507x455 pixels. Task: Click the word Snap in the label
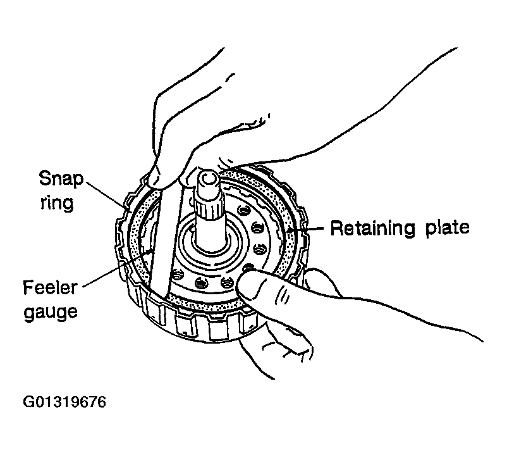tap(61, 179)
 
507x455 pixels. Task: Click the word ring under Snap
tap(58, 204)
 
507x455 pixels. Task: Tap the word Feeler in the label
tap(51, 288)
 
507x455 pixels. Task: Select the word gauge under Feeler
tap(51, 311)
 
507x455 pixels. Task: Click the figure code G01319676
tap(64, 402)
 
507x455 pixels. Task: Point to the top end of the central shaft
tap(207, 177)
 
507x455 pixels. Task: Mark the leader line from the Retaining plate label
tap(306, 229)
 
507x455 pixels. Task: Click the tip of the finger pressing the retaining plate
tap(243, 285)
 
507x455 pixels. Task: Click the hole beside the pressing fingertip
tap(248, 268)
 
